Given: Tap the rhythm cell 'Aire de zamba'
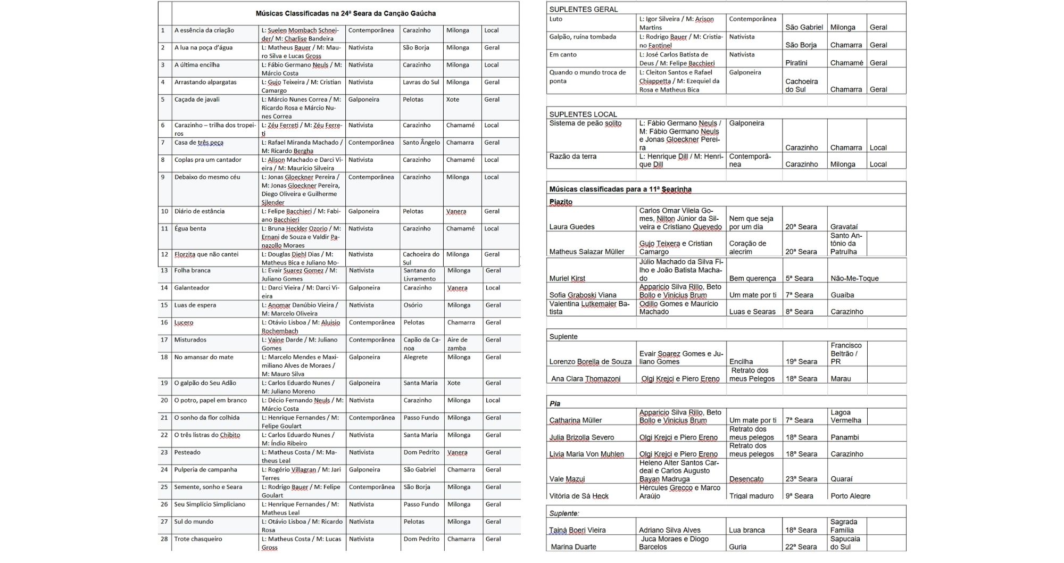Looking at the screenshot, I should [458, 344].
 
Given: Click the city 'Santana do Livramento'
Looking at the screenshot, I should [419, 275].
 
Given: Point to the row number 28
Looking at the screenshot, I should [164, 539].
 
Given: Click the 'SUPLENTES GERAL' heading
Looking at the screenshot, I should [583, 9].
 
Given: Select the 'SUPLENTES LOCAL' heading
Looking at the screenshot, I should [583, 114].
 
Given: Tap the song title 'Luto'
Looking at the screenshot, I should [555, 19].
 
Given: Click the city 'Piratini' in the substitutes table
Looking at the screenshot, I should [796, 63].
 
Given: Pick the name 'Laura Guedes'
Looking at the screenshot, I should [571, 227].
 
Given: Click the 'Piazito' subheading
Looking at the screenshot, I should [561, 202].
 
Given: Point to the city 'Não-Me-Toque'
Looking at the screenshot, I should [854, 278].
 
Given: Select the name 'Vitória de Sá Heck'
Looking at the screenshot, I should [579, 496].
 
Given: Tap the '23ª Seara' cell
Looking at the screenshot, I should [801, 479].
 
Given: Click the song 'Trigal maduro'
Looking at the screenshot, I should [751, 496].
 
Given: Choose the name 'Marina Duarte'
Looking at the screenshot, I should [573, 547].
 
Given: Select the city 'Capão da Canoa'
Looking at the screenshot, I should [421, 344].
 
